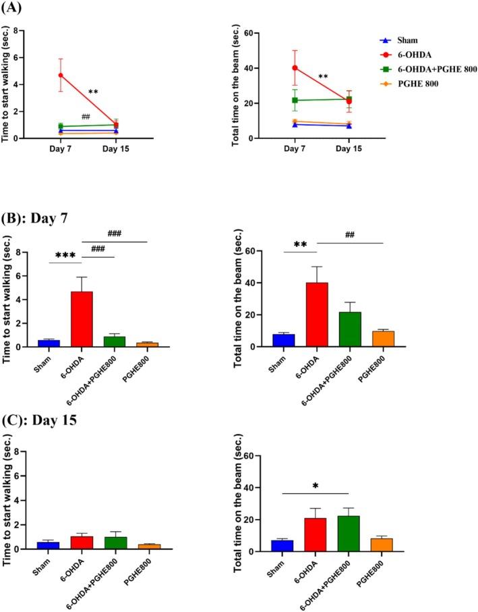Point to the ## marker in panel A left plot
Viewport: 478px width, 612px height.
coord(86,117)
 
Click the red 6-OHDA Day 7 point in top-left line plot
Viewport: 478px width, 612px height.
coord(61,76)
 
